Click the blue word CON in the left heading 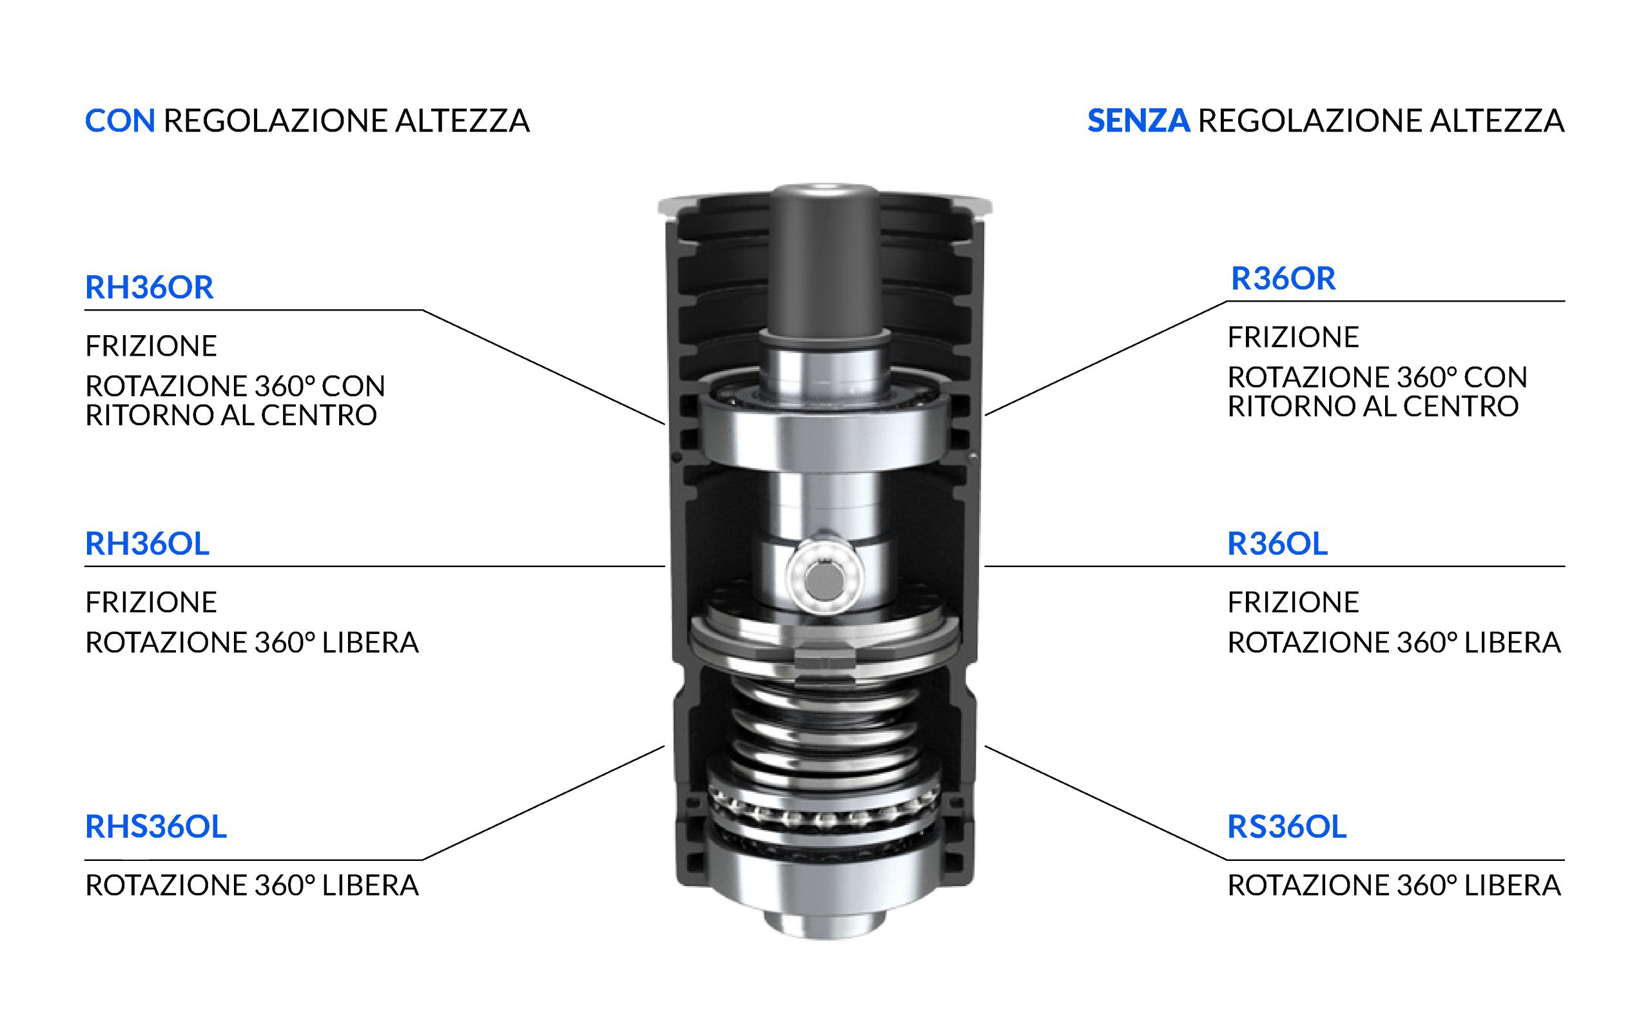pos(120,121)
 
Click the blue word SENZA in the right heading pos(1138,121)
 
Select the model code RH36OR pos(149,287)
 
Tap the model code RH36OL pos(146,543)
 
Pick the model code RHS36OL pos(155,827)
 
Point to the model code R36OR pos(1283,278)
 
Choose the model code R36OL pos(1277,543)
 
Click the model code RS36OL pos(1286,827)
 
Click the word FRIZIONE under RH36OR pos(151,347)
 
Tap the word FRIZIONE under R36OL pos(1293,602)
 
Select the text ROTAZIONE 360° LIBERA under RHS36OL pos(251,886)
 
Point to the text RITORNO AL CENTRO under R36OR pos(1372,407)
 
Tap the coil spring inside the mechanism pos(824,733)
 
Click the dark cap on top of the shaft pos(824,259)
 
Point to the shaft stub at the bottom pos(824,924)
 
